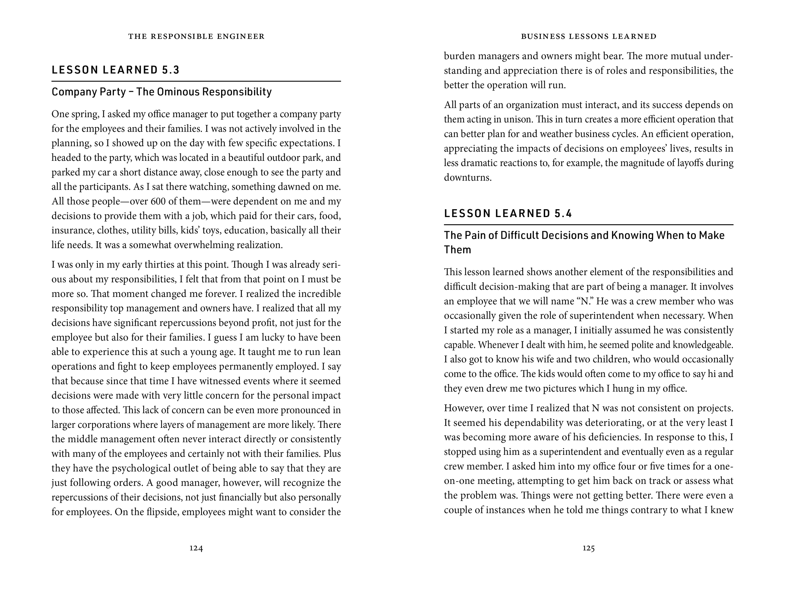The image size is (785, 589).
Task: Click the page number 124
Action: coord(196,548)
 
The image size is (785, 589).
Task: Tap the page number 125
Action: coord(588,548)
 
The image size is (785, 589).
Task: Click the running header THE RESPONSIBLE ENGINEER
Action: coord(196,36)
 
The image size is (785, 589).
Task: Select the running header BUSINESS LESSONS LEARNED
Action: coord(588,36)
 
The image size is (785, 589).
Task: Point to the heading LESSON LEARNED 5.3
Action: coord(116,70)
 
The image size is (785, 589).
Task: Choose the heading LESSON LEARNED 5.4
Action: coord(508,213)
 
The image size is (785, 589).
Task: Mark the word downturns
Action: coord(467,177)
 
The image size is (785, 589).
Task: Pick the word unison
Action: coord(518,119)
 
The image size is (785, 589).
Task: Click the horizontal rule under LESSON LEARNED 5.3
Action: coord(196,81)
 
